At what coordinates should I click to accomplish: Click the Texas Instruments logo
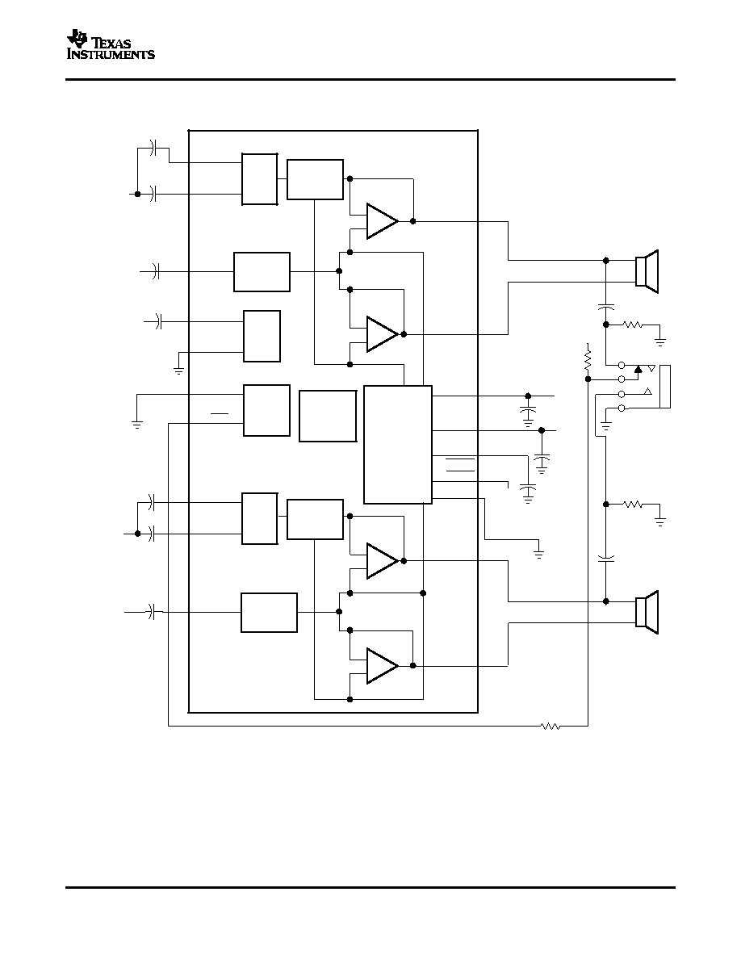111,44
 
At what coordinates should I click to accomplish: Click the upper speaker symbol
647,271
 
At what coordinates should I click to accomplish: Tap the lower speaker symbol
647,612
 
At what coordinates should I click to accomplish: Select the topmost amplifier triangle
382,221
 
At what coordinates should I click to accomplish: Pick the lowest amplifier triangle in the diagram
382,666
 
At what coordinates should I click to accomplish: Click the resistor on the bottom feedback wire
551,726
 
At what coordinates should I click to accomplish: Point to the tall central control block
398,445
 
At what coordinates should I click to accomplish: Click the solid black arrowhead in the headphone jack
638,368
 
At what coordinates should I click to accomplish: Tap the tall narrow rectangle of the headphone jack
664,387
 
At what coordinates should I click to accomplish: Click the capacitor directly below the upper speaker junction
606,306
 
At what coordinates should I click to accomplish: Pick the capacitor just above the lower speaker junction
606,558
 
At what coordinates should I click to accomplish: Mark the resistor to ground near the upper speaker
633,325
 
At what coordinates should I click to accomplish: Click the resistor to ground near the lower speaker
633,504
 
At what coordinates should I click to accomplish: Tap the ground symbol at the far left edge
137,424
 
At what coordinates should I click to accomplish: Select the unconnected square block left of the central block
328,416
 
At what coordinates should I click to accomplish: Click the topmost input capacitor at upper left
153,148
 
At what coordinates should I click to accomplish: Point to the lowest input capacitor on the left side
152,611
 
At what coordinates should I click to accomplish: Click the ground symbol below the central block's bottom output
538,554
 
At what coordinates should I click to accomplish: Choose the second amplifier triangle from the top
382,334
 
